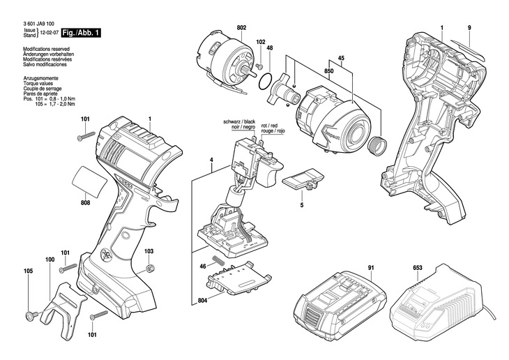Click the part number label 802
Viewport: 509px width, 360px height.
click(241, 28)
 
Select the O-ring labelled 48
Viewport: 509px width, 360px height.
click(265, 80)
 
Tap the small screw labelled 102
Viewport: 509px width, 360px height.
click(259, 66)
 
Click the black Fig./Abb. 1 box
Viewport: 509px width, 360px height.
click(81, 33)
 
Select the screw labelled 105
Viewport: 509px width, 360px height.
click(31, 315)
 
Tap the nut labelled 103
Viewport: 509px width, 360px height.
click(150, 269)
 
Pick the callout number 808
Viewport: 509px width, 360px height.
click(85, 203)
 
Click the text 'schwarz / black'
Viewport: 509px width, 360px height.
click(240, 122)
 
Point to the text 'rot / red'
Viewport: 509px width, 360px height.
click(269, 126)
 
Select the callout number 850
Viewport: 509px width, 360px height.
click(328, 71)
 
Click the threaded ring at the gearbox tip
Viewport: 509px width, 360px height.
click(377, 145)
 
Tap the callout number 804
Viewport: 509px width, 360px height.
click(203, 301)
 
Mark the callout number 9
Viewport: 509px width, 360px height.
click(469, 28)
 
